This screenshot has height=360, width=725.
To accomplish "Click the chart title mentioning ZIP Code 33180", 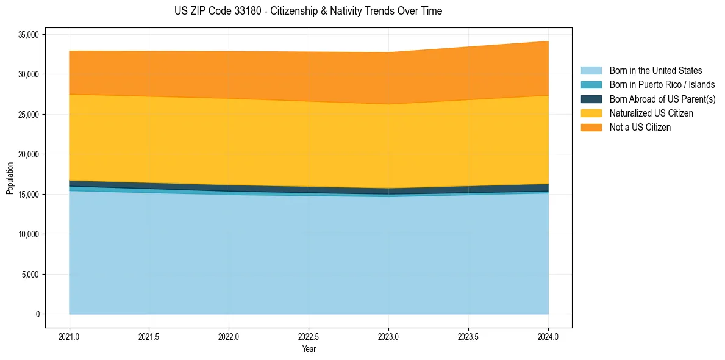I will coord(308,11).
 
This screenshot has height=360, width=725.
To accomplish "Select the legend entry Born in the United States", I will coord(655,71).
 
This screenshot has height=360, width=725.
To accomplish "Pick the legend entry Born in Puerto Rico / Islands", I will coord(662,85).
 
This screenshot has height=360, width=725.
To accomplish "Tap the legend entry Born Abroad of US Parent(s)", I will coord(662,99).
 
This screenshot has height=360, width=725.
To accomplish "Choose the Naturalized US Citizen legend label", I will coord(651,113).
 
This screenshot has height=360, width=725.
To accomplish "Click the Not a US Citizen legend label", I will coord(640,128).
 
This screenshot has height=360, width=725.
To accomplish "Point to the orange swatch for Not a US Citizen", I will coord(591,128).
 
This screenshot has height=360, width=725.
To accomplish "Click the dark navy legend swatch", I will coord(591,99).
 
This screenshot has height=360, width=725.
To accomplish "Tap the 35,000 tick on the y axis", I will coord(28,35).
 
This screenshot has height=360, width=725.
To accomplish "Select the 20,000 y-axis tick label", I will coord(28,154).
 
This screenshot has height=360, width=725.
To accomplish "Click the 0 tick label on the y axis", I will coord(37,314).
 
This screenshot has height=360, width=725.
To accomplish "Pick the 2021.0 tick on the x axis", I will coord(69,336).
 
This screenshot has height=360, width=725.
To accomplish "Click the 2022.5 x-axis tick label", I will coord(309,336).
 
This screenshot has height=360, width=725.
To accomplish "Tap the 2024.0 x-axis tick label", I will coord(548,336).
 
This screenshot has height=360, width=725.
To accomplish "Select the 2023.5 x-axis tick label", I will coord(468,336).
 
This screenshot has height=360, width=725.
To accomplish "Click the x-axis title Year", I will coord(309,349).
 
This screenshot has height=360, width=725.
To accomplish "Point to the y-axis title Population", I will coord(10,178).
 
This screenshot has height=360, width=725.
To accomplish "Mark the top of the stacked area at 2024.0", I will coord(548,41).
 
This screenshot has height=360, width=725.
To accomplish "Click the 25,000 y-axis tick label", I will coord(28,115).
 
